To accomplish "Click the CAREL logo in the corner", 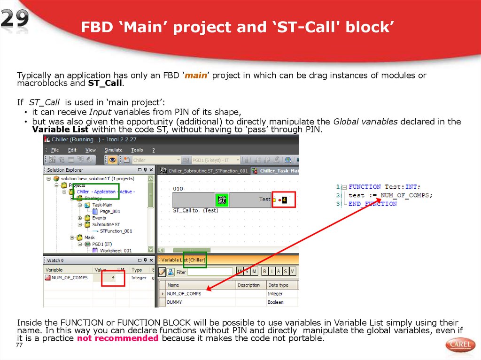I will click(460, 345).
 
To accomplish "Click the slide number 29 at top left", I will click(15, 20).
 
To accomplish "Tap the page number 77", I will click(19, 345).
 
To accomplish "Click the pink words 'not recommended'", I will click(118, 338).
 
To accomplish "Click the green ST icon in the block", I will click(222, 200).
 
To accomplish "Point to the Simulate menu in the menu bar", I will click(113, 150).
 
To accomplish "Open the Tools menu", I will click(137, 150).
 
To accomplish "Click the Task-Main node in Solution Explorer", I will click(102, 205).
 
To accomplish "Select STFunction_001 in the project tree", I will click(116, 231).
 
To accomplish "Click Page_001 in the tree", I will click(110, 211).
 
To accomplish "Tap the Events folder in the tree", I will click(99, 218).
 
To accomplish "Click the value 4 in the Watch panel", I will click(113, 278).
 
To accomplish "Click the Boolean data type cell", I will click(276, 302).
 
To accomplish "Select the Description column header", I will click(248, 285).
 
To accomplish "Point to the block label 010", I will click(178, 189).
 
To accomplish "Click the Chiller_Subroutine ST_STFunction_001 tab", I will click(204, 171).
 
